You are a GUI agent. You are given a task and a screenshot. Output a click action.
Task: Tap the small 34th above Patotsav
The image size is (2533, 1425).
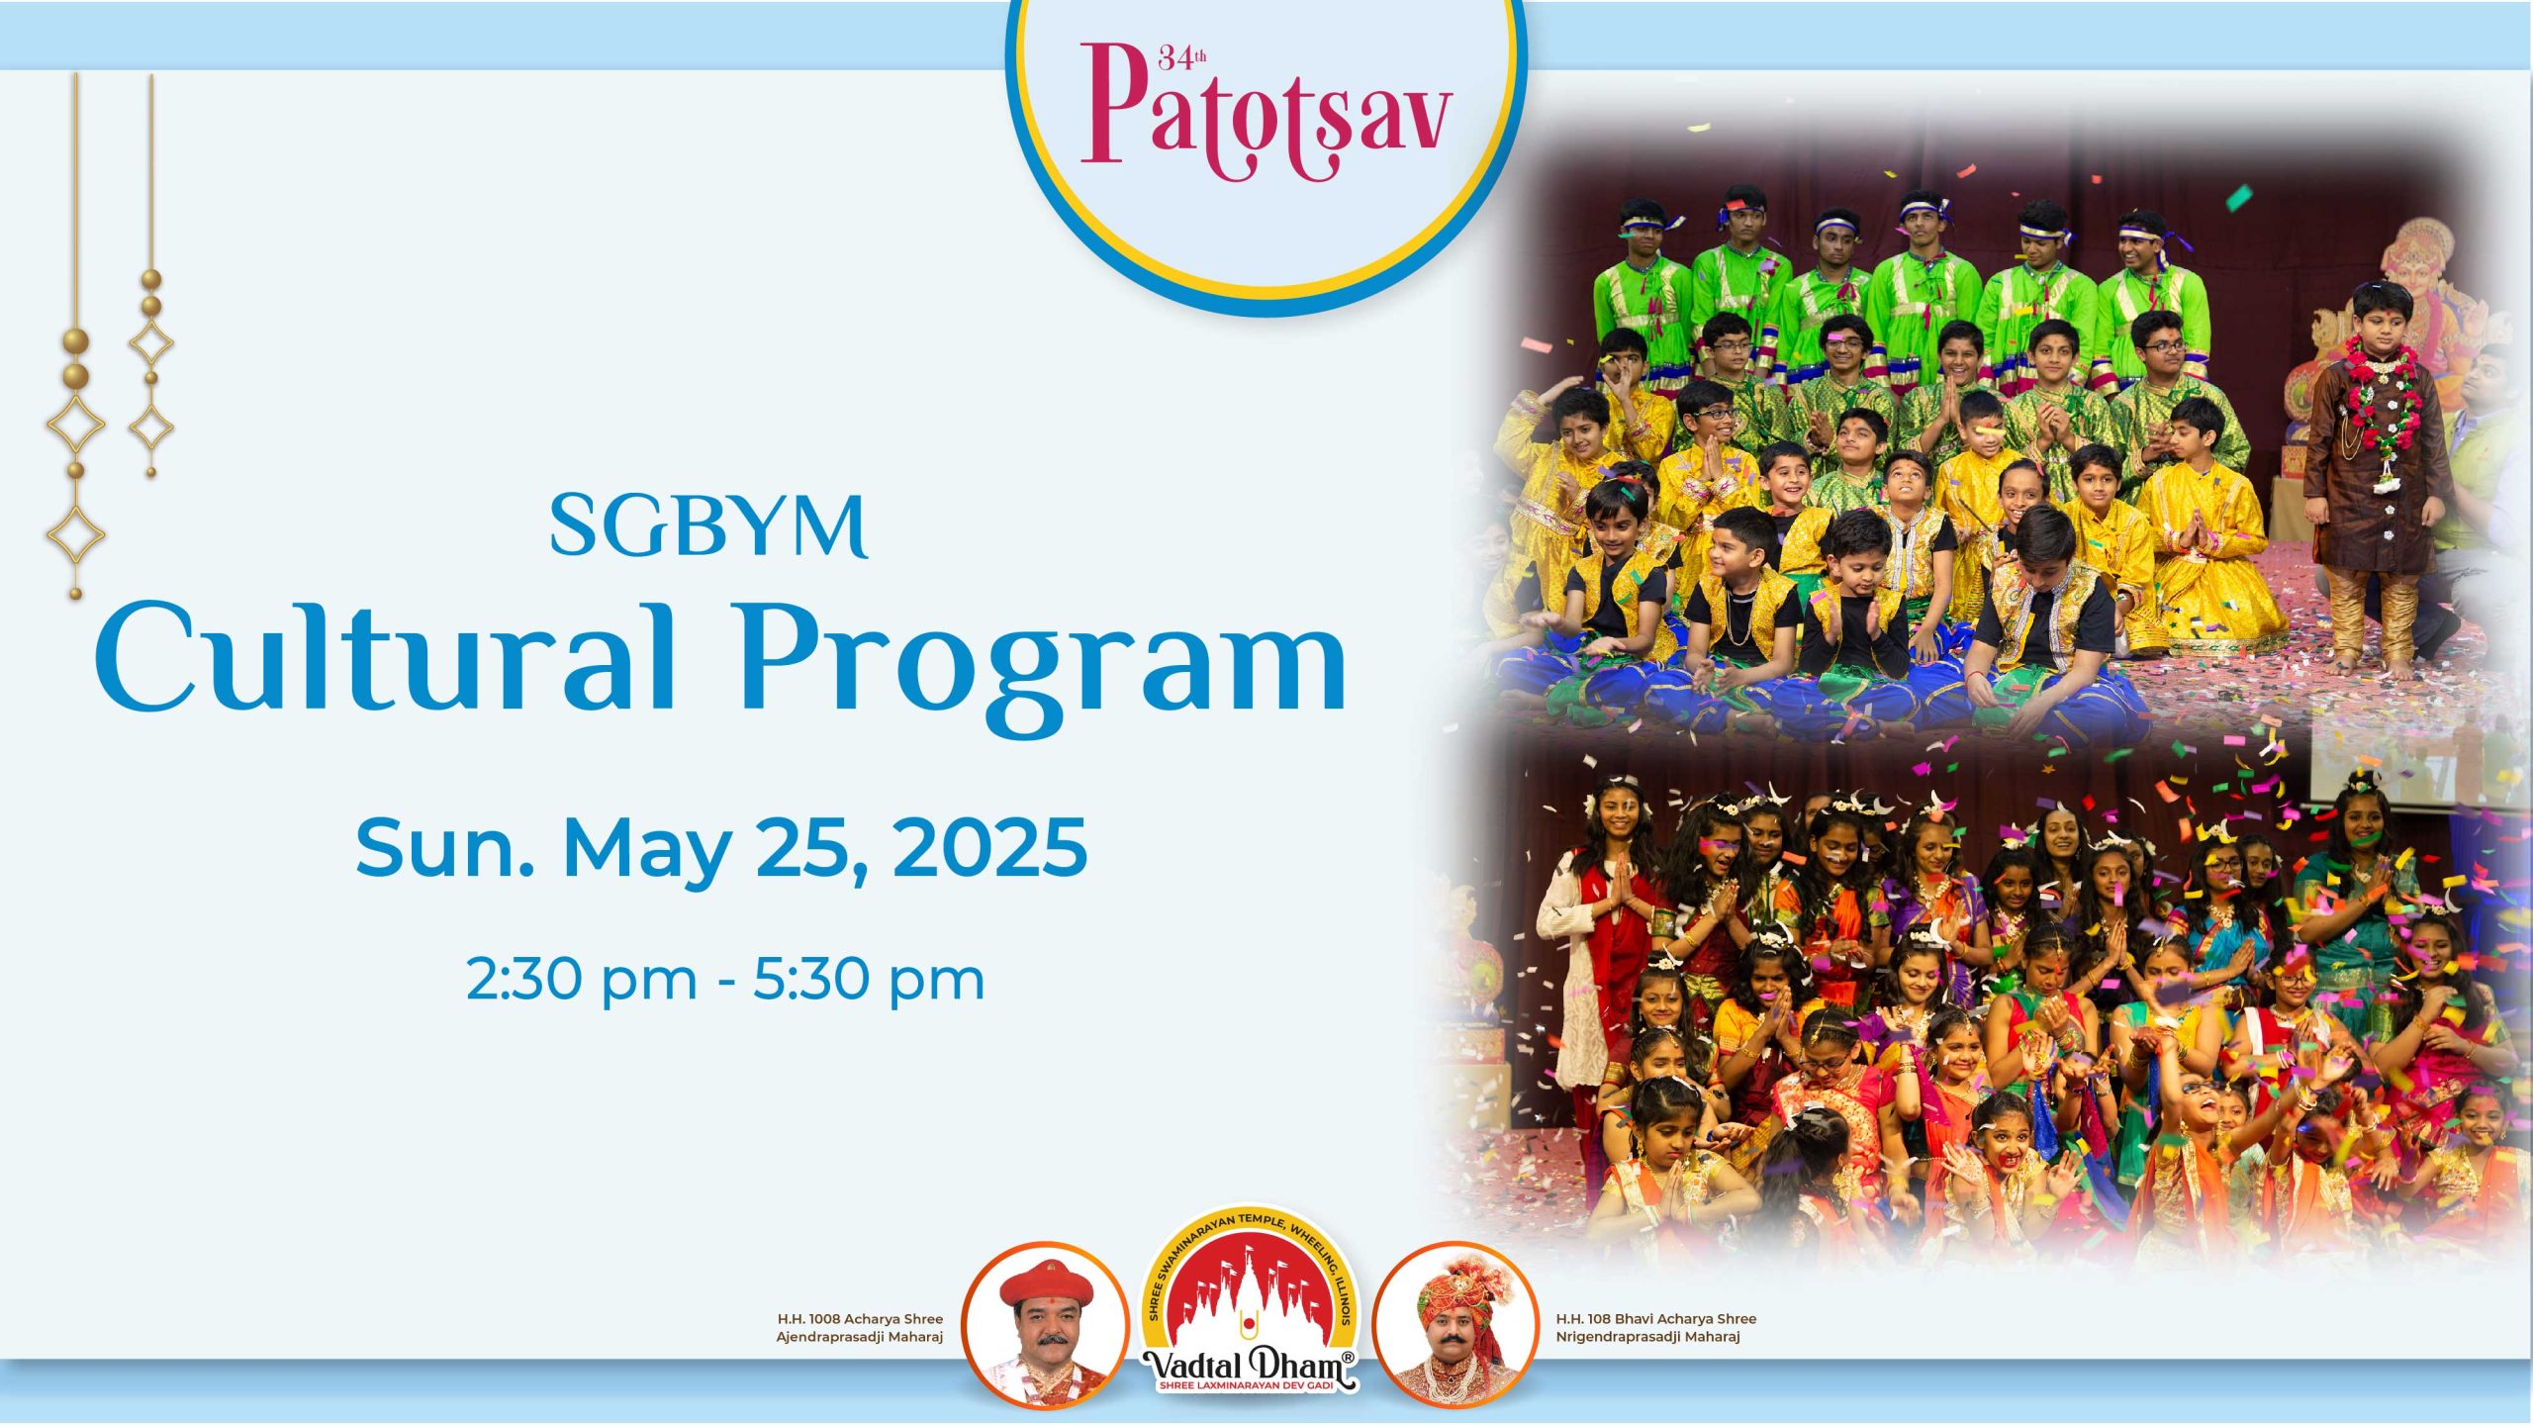coord(1181,58)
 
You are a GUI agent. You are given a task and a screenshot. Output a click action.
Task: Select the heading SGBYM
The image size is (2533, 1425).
coord(708,526)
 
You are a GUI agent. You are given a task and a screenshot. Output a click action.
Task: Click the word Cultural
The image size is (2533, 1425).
coord(386,657)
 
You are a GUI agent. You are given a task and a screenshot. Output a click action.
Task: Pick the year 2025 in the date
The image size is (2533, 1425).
coord(990,847)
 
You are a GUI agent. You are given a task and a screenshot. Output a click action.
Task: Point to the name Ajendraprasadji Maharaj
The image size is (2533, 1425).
coord(859,1337)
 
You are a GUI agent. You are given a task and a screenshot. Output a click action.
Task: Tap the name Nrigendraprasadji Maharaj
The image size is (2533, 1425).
coord(1647,1337)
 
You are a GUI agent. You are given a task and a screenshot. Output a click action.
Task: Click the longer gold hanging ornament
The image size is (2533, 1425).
coord(76,336)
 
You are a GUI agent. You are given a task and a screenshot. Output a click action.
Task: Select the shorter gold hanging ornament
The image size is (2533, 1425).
coord(151,277)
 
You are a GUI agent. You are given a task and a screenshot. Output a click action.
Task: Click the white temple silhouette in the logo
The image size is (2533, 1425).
coord(1250,1296)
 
